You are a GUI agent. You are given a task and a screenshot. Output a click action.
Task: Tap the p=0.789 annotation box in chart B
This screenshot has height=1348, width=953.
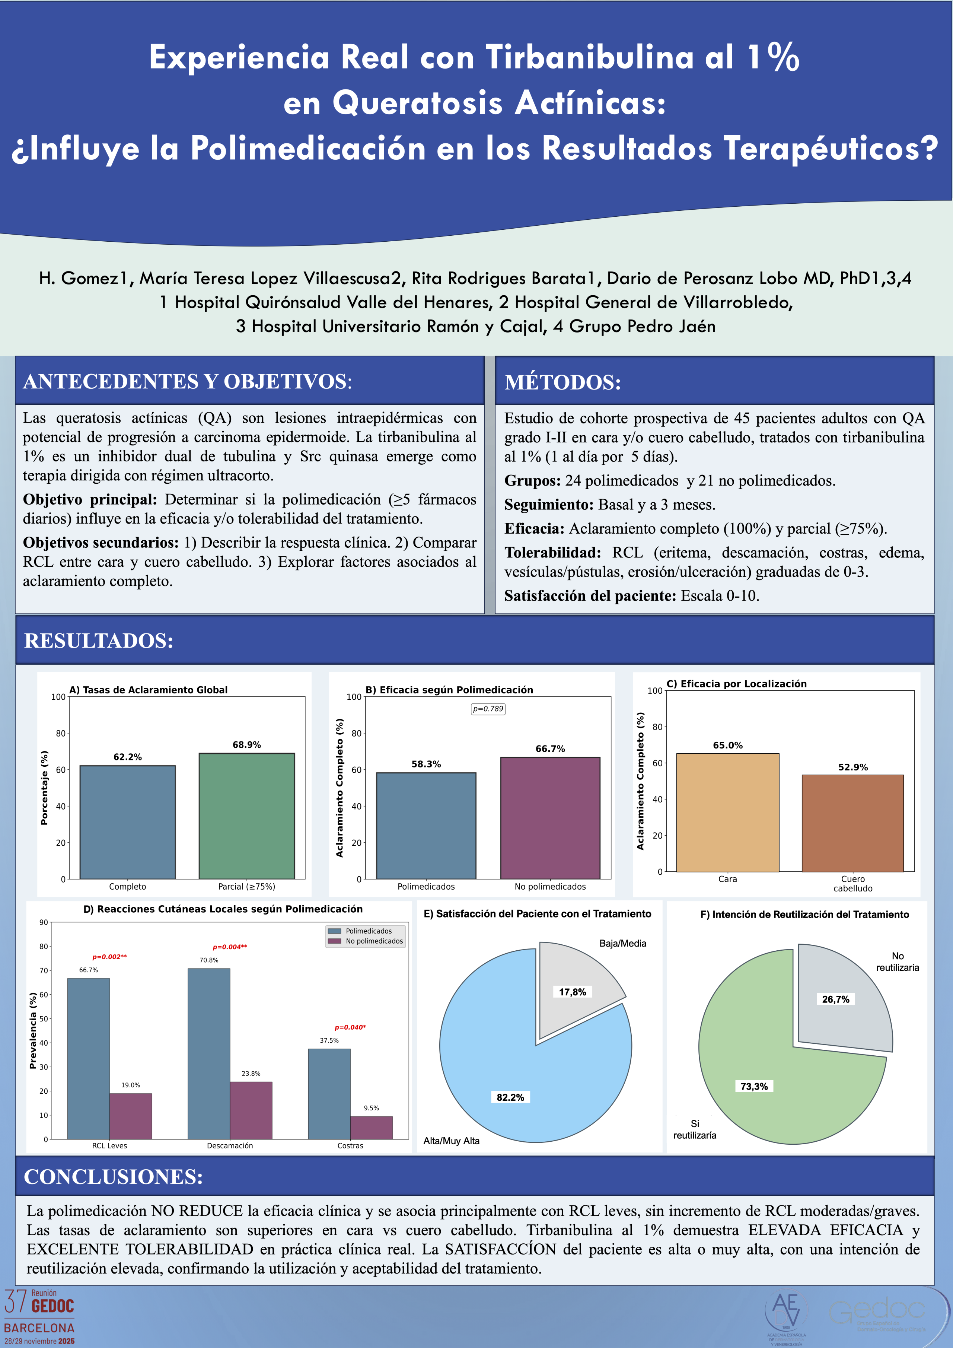tap(488, 709)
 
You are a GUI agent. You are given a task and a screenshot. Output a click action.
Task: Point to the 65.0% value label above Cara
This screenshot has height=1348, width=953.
tap(728, 745)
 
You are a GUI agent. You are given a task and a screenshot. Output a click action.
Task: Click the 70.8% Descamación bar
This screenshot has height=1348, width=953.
tap(209, 1054)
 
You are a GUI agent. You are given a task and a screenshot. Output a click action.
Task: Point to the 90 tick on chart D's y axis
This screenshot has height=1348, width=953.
tap(44, 922)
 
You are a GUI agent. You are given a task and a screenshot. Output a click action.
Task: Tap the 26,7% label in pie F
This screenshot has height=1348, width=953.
tap(836, 999)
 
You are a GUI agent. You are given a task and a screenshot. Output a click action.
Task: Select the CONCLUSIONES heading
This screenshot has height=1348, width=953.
tap(113, 1177)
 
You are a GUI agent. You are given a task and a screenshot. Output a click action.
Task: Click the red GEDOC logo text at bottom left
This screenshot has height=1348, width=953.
tap(53, 1306)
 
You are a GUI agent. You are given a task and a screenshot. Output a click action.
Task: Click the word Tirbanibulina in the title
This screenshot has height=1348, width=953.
tap(590, 58)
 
